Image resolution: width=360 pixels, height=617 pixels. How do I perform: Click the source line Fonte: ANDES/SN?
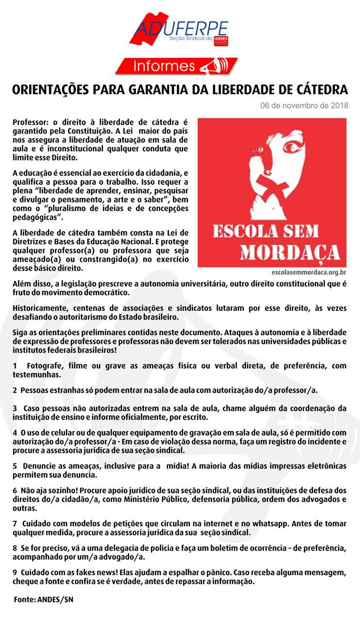(x=44, y=600)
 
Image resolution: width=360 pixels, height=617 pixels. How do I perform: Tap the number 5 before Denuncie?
(x=15, y=466)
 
